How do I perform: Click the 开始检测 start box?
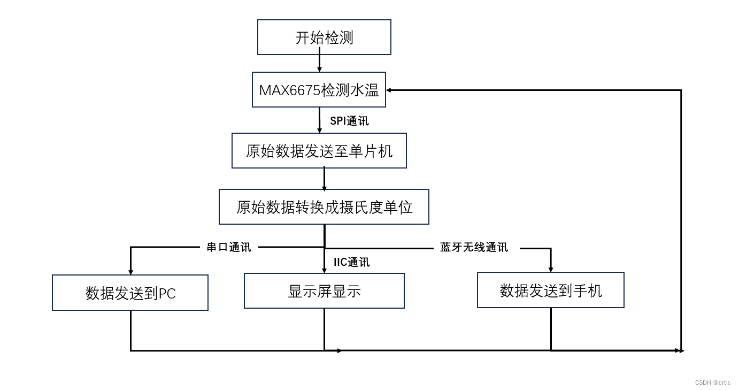pos(324,37)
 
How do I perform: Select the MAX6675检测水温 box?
pos(319,90)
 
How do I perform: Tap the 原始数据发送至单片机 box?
pos(319,151)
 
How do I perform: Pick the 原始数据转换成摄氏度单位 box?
pos(324,207)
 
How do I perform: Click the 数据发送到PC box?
pos(130,293)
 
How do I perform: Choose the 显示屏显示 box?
pos(324,291)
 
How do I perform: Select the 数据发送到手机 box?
pos(550,290)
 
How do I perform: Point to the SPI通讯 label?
pos(349,121)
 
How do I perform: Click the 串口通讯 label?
pos(228,247)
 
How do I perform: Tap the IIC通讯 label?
pos(351,262)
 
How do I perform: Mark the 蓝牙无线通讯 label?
pos(474,247)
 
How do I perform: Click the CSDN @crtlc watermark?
pos(712,383)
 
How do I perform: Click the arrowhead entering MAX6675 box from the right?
pos(389,90)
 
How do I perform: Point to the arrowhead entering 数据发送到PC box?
pos(130,272)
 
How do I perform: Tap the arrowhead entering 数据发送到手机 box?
pos(551,269)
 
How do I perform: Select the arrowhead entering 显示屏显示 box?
pos(324,270)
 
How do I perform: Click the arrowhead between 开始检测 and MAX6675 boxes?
pos(319,69)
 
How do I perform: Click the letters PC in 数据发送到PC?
pos(167,294)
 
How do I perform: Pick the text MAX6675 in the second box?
pos(289,90)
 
